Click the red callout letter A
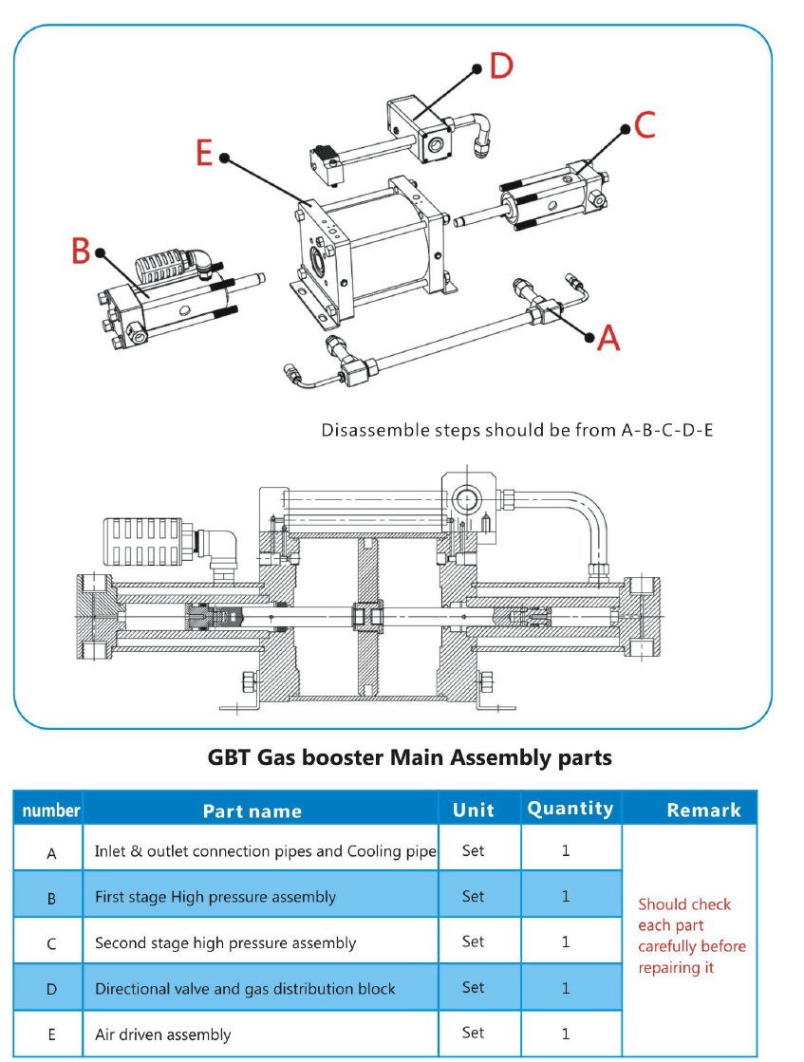point(608,336)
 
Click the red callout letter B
point(82,252)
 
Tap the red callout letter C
point(645,124)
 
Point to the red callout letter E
point(204,152)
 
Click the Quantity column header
point(570,809)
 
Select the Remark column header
point(703,810)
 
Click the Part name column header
point(252,810)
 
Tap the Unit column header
point(473,810)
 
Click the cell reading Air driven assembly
point(162,1034)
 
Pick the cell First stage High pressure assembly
point(215,896)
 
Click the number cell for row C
point(51,943)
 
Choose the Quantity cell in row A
point(566,850)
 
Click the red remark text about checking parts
point(691,936)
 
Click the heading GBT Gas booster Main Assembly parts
point(409,757)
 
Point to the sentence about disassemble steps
point(516,430)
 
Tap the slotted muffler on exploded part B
point(165,269)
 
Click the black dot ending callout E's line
point(225,159)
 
